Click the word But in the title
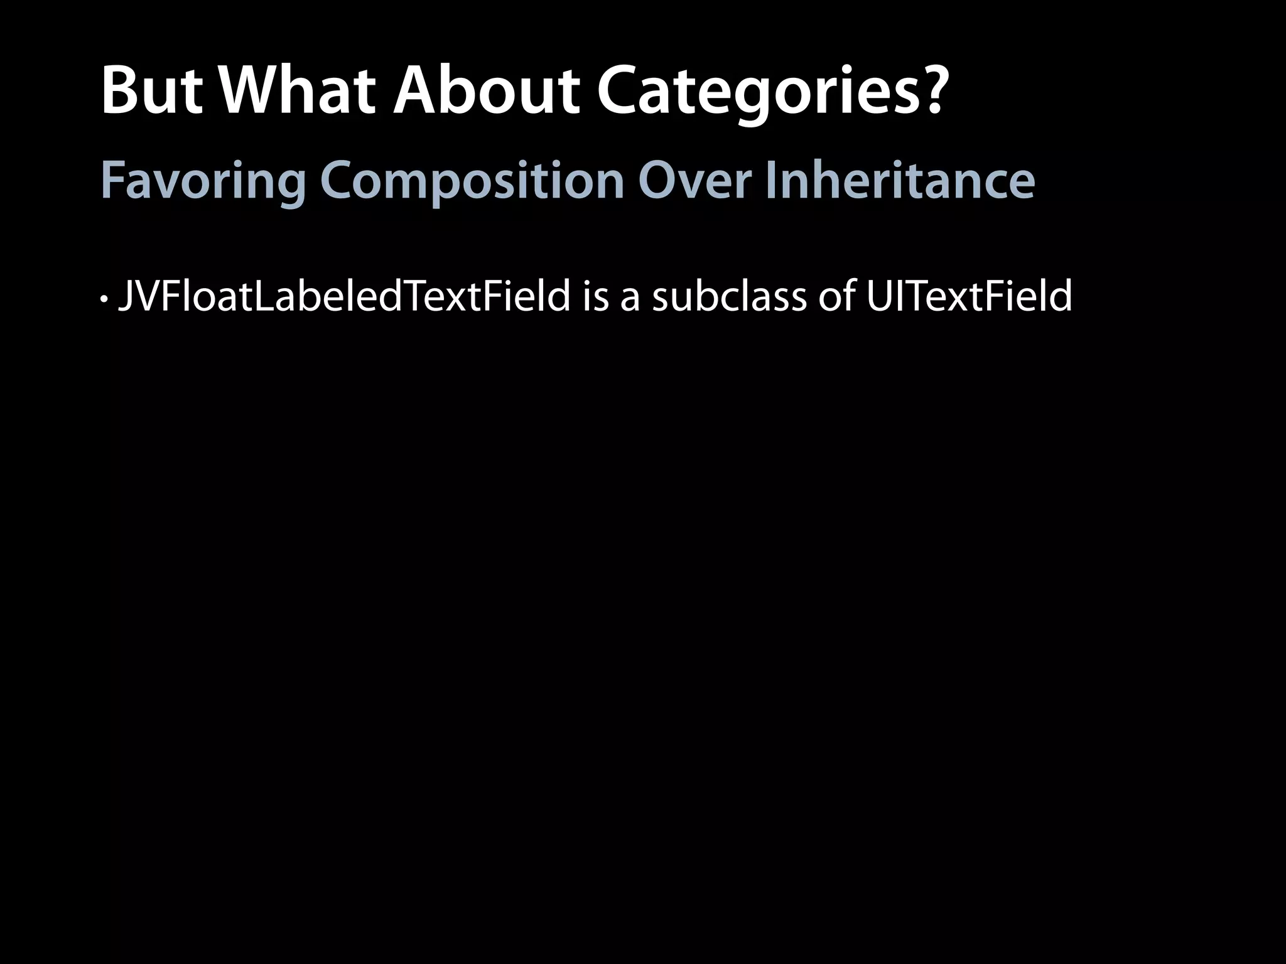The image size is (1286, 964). pos(151,92)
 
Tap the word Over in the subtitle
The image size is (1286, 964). pos(694,181)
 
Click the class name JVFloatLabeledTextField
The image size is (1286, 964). pos(344,296)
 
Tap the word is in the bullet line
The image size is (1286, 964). pos(595,296)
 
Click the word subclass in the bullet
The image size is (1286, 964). pos(728,296)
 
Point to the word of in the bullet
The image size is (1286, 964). pos(836,296)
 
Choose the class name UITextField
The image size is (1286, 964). pos(969,296)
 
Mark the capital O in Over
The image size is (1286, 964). pos(659,181)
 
